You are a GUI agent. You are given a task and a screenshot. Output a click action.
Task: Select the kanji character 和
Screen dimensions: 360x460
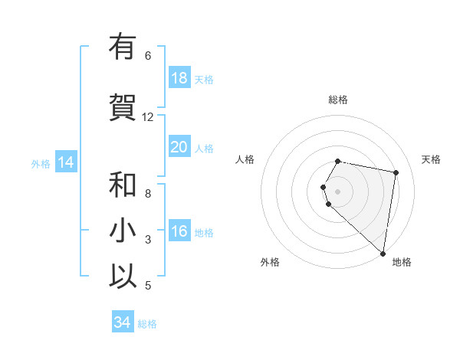tap(123, 185)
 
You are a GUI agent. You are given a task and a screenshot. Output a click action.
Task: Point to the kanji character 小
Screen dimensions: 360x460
tap(123, 231)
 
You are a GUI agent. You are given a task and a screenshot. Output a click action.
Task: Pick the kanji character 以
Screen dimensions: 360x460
tap(123, 277)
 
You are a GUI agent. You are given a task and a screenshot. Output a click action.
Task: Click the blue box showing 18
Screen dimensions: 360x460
tap(179, 78)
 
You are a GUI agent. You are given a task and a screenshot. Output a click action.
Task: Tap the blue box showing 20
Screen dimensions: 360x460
tap(179, 147)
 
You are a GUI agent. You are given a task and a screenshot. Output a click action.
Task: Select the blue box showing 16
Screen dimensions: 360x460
tap(179, 231)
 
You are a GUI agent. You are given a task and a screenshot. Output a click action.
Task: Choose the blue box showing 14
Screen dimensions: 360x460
tap(65, 162)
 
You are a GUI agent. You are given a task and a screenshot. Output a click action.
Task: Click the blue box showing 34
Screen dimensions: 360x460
tap(122, 322)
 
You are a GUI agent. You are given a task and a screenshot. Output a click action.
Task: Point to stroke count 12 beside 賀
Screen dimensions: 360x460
tap(148, 117)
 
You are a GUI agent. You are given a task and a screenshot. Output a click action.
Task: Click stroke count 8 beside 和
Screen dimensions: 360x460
tap(148, 194)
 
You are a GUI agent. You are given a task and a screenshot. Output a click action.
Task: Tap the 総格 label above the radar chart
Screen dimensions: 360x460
tap(338, 100)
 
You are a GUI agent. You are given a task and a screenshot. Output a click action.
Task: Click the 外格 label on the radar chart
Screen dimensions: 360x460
tap(270, 262)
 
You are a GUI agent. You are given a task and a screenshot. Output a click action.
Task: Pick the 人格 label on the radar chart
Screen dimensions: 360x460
tap(245, 159)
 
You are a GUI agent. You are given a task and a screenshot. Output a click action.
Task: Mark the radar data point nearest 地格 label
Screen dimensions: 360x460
tap(383, 254)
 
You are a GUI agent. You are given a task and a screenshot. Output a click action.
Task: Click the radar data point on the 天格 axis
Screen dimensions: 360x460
tap(396, 172)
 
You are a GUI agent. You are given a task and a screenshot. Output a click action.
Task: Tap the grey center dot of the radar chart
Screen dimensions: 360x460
tap(338, 191)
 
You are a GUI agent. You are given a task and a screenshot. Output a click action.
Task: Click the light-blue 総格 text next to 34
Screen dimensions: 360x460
tap(147, 324)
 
